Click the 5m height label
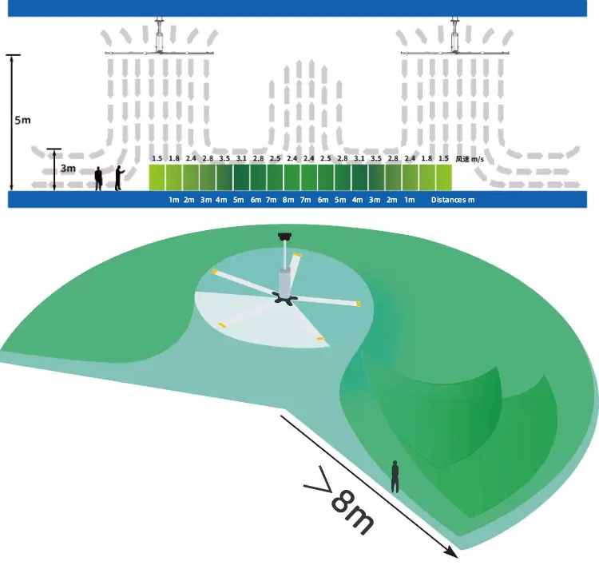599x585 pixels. [x=23, y=121]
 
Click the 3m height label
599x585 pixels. [x=67, y=169]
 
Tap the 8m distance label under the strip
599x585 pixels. [x=288, y=200]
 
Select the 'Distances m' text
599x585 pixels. [x=453, y=200]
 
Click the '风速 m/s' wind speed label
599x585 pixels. [x=470, y=159]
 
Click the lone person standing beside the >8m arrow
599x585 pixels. [x=395, y=476]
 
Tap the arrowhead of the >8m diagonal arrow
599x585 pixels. [x=453, y=552]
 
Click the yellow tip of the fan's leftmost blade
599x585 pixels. [x=214, y=273]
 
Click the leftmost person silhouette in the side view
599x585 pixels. [x=99, y=179]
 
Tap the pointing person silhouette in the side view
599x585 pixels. [x=118, y=178]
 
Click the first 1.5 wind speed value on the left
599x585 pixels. [x=157, y=159]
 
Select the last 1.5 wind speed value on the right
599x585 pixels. [x=443, y=159]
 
